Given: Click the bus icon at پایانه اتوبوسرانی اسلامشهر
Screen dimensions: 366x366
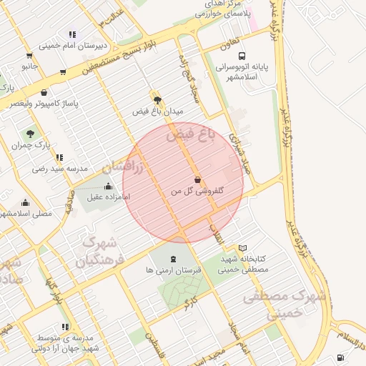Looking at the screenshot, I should (242, 55).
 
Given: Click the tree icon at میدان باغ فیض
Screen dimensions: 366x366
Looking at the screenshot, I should (157, 100).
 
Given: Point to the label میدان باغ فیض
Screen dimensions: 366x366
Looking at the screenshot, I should (158, 112).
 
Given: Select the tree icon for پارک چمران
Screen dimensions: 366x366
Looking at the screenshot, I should (30, 133).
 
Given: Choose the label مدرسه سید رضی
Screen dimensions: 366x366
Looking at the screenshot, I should (59, 169).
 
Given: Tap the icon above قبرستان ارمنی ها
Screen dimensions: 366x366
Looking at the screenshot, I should (174, 258).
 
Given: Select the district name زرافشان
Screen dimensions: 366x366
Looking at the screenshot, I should (123, 168).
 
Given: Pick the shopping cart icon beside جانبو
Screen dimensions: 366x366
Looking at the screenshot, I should (29, 55).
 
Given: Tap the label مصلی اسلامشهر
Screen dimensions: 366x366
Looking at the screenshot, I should (26, 213).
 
